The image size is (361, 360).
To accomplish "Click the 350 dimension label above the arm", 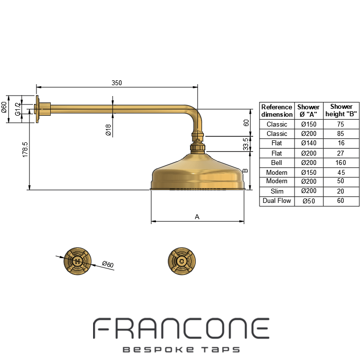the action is click(117, 83).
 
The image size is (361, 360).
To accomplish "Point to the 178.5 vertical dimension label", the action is click(25, 150).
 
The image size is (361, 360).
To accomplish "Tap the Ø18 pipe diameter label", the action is click(108, 130).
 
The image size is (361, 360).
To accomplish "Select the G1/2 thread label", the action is click(18, 109).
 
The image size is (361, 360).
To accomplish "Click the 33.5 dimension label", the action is click(246, 144).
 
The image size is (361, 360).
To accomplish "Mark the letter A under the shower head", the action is click(197, 217).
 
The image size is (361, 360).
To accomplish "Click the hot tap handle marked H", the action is click(77, 261).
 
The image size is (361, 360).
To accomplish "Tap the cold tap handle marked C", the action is click(182, 261).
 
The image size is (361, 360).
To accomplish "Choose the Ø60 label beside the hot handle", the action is click(108, 264).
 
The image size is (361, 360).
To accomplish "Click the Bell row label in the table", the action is click(276, 163).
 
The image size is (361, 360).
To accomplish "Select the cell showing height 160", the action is click(341, 163).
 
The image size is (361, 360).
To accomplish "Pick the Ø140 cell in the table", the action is click(309, 143).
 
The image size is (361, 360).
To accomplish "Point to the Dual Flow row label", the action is click(277, 201).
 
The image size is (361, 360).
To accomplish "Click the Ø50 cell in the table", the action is click(309, 201).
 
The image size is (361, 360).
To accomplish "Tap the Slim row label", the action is click(277, 191).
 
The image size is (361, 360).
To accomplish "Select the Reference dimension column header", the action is click(277, 111).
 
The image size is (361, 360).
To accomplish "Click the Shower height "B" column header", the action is click(341, 110).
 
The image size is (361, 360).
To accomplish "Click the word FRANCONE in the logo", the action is click(181, 328).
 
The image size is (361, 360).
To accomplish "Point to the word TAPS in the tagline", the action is click(221, 350).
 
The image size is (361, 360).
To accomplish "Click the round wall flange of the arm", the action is click(37, 109).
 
